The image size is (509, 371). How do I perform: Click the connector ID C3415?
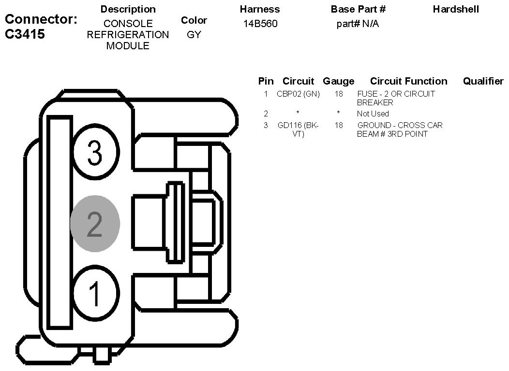(x=25, y=34)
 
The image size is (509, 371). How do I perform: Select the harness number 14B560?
(x=260, y=24)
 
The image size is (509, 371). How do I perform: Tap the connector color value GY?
(x=194, y=34)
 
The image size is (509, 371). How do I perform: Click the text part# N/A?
(x=358, y=24)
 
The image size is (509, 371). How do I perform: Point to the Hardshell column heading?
(x=456, y=9)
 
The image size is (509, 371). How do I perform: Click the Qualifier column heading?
(x=483, y=81)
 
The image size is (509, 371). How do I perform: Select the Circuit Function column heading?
(x=409, y=81)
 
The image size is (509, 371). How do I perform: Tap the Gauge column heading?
(x=339, y=81)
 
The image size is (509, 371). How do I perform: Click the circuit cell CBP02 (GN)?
(x=299, y=94)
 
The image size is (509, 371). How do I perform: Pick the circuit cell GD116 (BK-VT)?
(x=299, y=129)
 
